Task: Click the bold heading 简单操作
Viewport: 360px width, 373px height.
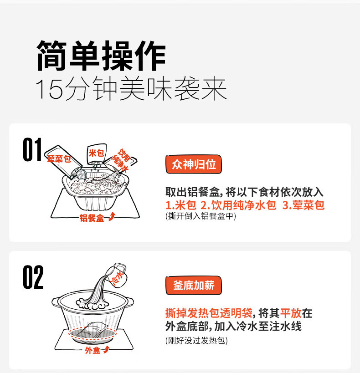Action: [101, 56]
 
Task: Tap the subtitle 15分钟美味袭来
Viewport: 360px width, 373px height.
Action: [131, 89]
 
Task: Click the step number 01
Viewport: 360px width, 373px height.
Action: [33, 149]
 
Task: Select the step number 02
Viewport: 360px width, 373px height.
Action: [33, 277]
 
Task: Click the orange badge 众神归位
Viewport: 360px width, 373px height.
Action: [194, 164]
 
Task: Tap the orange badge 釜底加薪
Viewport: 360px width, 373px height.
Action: [194, 285]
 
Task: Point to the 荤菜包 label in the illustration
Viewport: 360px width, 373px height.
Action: [59, 158]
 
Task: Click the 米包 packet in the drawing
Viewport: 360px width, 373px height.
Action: [97, 153]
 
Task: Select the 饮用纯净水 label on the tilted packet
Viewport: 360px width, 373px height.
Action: [121, 160]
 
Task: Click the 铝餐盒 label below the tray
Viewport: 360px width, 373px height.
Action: [92, 218]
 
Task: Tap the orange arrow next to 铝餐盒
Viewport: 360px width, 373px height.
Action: [112, 217]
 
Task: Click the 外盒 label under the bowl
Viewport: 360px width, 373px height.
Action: [93, 350]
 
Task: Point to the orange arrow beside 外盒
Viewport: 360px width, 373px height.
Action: [106, 349]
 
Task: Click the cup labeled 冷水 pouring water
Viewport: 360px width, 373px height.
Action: [117, 275]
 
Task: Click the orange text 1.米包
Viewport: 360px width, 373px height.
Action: [181, 205]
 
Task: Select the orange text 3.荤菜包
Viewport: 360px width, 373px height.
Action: [303, 205]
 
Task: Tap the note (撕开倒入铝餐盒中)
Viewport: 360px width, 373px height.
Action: [201, 216]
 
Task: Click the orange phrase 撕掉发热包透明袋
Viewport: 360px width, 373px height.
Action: [209, 313]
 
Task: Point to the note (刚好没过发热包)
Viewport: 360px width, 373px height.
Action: [196, 340]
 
